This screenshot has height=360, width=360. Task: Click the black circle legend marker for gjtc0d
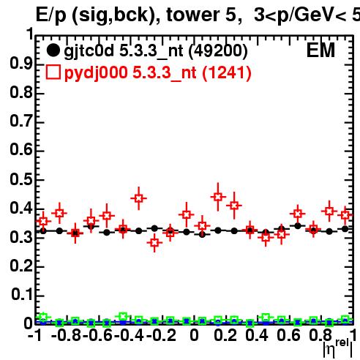click(53, 50)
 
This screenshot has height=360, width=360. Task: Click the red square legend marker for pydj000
click(53, 72)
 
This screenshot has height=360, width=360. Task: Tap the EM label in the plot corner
click(320, 50)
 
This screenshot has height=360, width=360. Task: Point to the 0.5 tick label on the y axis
click(21, 179)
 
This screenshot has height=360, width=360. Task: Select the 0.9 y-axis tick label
click(21, 64)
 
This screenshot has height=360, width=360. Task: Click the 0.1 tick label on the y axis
click(22, 295)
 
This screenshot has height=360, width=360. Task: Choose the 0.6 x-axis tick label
click(288, 335)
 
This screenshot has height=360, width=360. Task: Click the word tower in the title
click(194, 15)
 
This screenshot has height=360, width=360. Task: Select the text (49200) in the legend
click(218, 51)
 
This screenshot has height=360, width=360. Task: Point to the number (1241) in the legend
click(227, 72)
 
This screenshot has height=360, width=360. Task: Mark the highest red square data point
click(218, 197)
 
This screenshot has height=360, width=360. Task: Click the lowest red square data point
click(154, 243)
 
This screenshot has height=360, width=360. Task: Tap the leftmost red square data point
click(43, 221)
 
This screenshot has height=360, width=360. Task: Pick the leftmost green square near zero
click(43, 317)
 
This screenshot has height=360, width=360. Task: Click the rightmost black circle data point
click(345, 229)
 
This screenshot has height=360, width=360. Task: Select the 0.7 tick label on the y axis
click(21, 121)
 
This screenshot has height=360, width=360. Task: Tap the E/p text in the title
click(51, 15)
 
